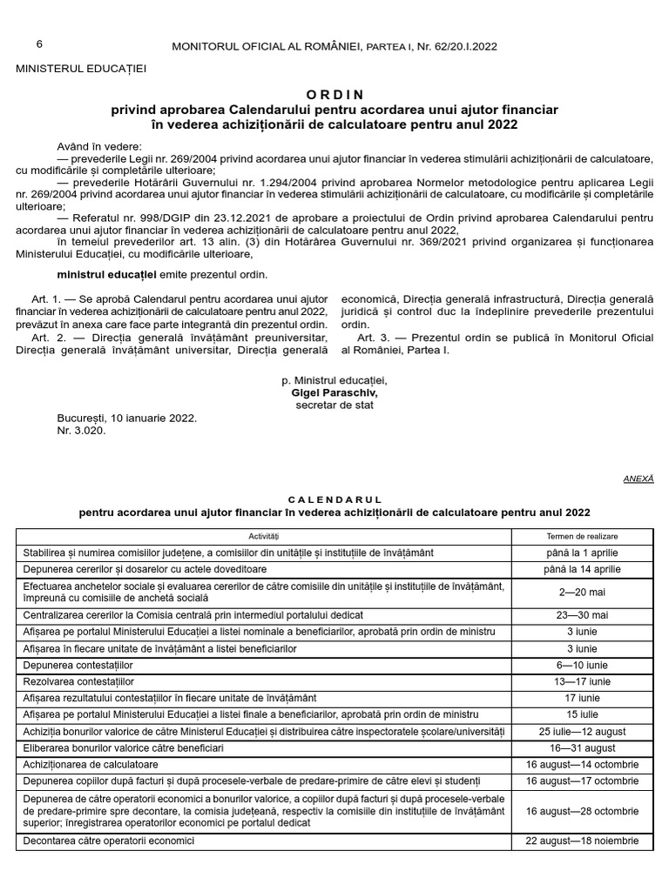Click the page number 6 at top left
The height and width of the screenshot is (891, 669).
coord(39,44)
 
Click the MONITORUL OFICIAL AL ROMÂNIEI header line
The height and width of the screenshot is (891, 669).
coord(334,46)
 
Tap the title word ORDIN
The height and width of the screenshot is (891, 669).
coord(334,94)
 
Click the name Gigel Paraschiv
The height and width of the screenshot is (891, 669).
coord(334,392)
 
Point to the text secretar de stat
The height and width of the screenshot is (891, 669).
coord(334,405)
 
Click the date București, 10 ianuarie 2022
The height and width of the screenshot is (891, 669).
coord(127,418)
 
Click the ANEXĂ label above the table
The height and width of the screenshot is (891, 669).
coord(639,479)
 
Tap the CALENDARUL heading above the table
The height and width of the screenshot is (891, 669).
coord(334,499)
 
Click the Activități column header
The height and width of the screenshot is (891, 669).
coord(263,536)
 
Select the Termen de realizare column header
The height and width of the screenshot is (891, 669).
coord(582,536)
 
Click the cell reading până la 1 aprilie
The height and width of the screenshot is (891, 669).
coord(582,553)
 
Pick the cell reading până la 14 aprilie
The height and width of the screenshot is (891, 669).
coord(582,569)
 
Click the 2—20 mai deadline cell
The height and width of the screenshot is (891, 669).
coord(582,592)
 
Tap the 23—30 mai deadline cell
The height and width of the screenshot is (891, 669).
coord(582,615)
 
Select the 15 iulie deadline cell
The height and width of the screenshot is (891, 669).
coord(582,714)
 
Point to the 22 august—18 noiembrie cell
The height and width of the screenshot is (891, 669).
coord(582,841)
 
